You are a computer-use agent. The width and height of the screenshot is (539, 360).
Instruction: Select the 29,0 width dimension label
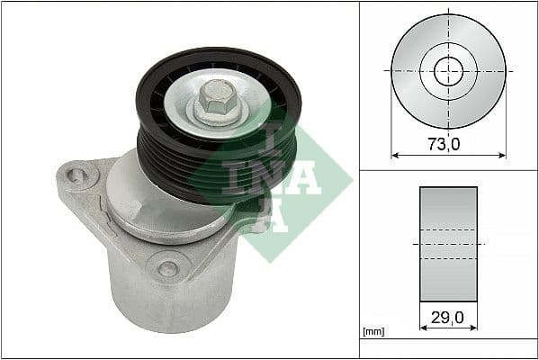447,317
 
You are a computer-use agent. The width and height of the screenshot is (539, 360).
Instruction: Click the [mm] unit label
373,333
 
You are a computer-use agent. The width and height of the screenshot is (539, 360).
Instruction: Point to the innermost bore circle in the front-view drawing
447,71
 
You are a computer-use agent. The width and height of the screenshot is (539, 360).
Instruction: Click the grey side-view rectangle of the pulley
447,244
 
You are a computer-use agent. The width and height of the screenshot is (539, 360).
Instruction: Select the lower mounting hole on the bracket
166,267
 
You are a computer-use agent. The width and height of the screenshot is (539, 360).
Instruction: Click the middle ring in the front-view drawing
447,50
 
